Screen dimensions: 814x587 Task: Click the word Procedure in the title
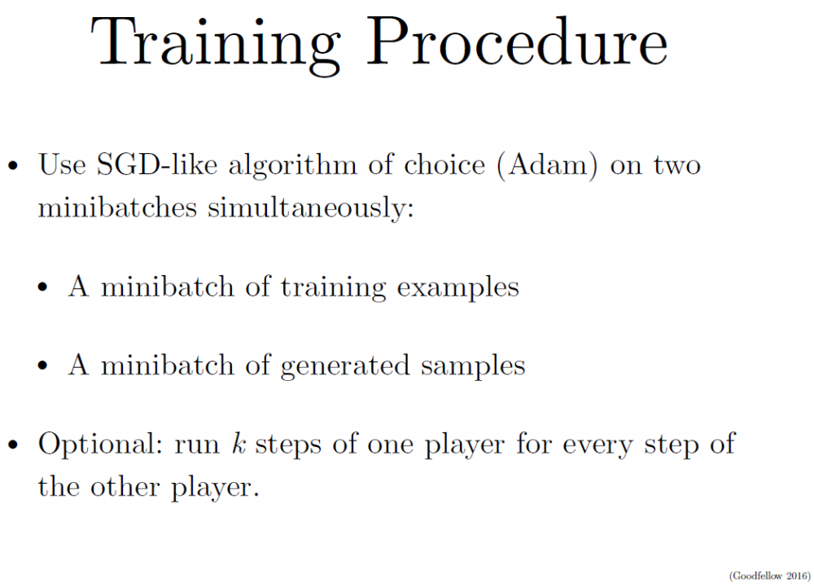[517, 42]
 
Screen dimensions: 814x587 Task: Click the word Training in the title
[216, 46]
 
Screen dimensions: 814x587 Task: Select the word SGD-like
[157, 164]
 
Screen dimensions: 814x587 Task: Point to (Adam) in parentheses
[548, 166]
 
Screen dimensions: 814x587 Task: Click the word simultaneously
[310, 208]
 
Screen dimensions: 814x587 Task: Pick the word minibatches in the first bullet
[117, 207]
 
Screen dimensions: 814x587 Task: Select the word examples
[457, 288]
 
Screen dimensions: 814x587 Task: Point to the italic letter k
[239, 443]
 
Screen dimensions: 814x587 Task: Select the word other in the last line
[125, 487]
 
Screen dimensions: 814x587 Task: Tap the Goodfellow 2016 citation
[769, 576]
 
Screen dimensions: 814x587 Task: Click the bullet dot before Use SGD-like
[13, 166]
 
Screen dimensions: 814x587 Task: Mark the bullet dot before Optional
[13, 445]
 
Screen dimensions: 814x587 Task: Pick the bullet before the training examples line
[42, 287]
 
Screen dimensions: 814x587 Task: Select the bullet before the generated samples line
[42, 366]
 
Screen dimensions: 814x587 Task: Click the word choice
[444, 164]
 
